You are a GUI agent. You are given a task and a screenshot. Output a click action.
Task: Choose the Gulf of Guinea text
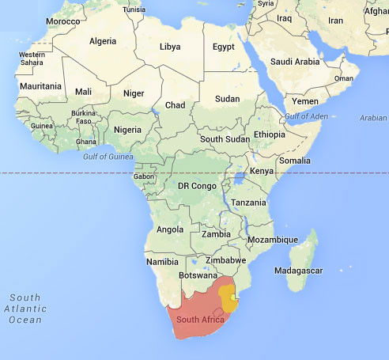(109, 156)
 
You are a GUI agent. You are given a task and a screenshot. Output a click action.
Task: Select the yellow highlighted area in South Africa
(228, 298)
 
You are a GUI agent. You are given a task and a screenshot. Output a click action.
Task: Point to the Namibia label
(162, 261)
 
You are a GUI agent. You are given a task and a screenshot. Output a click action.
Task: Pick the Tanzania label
(248, 203)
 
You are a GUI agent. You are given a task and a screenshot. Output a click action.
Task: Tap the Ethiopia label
(269, 135)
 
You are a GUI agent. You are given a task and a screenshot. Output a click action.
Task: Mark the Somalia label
(294, 161)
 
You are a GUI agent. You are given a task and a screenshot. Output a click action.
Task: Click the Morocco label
(62, 21)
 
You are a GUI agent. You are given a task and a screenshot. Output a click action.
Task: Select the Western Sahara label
(32, 59)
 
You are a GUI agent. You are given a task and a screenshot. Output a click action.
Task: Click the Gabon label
(143, 176)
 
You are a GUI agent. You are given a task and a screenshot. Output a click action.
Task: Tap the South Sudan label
(223, 138)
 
